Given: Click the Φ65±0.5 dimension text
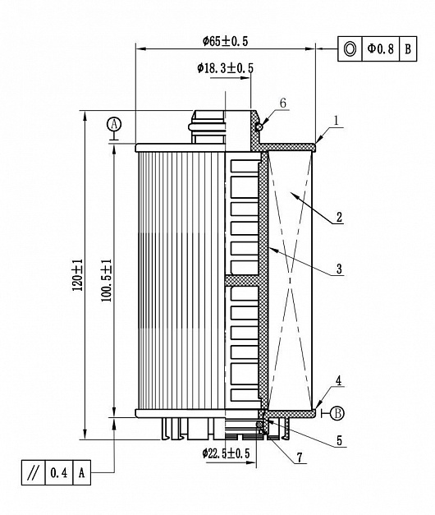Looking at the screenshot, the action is [x=225, y=41].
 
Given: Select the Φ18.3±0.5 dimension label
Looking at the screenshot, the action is [x=225, y=68].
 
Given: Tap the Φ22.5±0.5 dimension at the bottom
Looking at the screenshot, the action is [x=226, y=453].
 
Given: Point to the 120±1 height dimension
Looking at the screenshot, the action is [x=77, y=275].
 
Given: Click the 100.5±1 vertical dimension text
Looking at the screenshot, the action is [x=107, y=280].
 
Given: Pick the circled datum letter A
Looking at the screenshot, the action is [x=114, y=125].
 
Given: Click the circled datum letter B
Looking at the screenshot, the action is [x=337, y=413].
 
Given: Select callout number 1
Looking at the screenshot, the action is [x=336, y=121].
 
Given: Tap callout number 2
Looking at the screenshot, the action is [x=339, y=217].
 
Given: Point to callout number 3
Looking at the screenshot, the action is [x=339, y=269].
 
